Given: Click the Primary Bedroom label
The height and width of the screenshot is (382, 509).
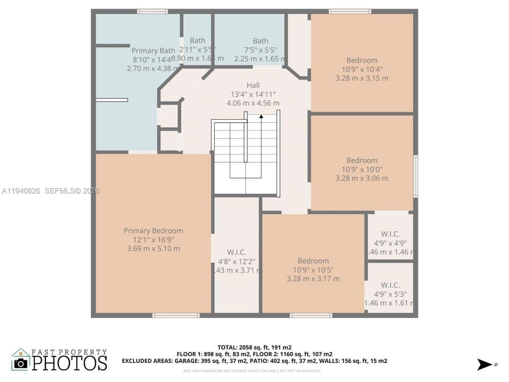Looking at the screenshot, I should point(153,231).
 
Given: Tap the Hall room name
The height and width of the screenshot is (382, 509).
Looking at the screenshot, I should point(253,85).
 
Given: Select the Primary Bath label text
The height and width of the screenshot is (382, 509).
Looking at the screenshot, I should point(153,51).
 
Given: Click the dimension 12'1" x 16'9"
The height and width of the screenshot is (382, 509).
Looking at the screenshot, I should point(153,240).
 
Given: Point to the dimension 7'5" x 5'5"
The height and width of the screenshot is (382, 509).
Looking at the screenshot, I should point(260,50).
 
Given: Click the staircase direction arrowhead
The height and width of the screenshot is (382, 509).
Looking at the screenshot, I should point(261,117).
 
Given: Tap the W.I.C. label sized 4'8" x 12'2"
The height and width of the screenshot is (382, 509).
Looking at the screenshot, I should point(237,252).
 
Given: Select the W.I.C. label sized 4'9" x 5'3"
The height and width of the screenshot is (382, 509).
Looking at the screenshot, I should point(390,285).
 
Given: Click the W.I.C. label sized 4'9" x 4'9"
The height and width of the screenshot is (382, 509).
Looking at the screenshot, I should point(390,234).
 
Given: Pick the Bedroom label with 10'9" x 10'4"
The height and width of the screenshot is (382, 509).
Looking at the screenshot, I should point(362,60).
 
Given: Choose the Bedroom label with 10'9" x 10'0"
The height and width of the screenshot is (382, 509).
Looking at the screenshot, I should point(362,160).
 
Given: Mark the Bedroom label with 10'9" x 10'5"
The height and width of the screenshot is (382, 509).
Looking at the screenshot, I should point(313,261).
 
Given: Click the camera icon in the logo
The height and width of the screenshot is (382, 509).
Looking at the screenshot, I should point(21,363).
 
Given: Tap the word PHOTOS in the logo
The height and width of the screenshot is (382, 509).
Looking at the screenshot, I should point(69,363).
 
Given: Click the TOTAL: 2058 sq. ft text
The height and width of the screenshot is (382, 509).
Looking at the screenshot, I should point(254,347).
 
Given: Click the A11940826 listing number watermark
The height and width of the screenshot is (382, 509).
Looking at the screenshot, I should point(21,191).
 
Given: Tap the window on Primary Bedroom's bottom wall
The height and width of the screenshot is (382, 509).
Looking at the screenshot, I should point(176,316).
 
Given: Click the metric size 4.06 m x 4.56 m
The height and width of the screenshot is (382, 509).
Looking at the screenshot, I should point(253,103).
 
